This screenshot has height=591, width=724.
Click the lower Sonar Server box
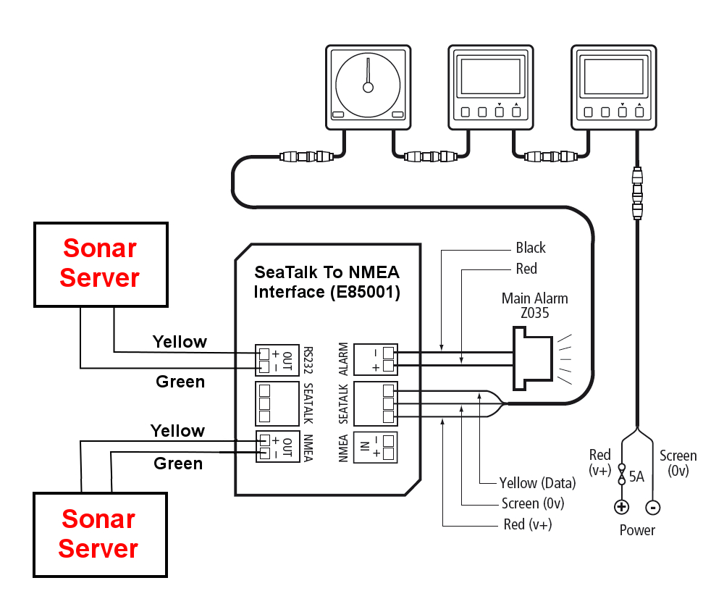[x=99, y=534]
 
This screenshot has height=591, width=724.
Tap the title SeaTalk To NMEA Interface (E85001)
[x=327, y=282]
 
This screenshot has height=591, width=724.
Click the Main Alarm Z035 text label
[x=534, y=305]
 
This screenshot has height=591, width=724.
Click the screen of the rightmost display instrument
[x=613, y=77]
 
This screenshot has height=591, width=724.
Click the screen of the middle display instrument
[x=491, y=77]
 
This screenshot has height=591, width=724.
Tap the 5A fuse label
[x=637, y=477]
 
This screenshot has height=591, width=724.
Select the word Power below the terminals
[x=637, y=530]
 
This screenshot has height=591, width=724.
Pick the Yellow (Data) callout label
[x=537, y=483]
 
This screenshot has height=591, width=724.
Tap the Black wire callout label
[x=531, y=248]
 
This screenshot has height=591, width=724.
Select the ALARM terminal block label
[x=344, y=358]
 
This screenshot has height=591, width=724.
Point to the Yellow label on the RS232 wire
[x=180, y=341]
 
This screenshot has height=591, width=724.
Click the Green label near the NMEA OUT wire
[x=178, y=463]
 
